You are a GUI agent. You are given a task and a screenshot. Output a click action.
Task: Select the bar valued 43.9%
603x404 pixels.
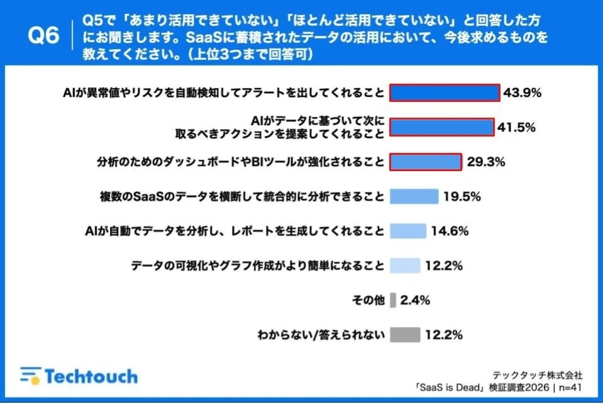445,93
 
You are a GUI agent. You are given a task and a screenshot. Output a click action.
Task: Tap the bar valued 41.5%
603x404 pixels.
441,128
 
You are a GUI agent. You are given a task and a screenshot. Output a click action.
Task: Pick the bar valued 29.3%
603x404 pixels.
426,162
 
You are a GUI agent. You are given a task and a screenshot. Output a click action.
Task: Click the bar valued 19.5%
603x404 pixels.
414,196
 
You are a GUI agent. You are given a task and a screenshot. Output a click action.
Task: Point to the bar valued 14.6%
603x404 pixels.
408,231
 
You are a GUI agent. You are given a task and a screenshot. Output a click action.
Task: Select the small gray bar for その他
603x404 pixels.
393,300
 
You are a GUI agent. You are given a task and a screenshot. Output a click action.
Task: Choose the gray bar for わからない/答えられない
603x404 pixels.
405,335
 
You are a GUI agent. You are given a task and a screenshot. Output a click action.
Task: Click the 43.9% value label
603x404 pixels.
522,93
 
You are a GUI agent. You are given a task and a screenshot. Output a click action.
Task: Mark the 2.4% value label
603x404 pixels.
414,300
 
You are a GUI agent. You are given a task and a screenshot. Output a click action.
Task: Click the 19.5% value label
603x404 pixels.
462,196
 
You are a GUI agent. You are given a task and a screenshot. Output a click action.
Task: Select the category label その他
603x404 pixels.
368,300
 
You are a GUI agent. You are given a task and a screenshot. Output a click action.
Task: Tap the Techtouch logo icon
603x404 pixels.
30,376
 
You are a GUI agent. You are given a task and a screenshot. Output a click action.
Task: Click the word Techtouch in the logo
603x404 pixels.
91,376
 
